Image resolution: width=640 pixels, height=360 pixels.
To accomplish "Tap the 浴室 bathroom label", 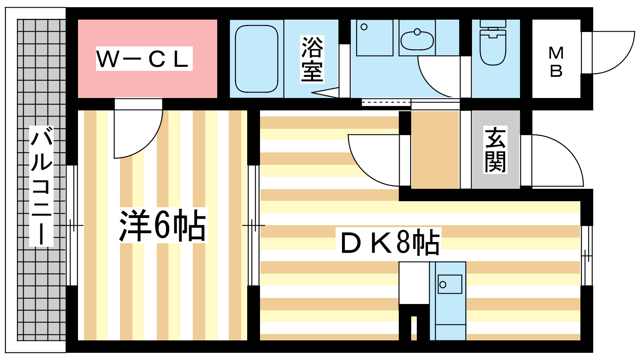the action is click(312, 59).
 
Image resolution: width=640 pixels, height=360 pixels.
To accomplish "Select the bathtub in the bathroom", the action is click(256, 59).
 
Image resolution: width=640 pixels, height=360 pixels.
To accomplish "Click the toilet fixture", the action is click(493, 42).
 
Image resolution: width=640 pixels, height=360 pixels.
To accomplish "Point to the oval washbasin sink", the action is click(417, 40).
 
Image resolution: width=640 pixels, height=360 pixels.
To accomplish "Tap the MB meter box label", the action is click(556, 62).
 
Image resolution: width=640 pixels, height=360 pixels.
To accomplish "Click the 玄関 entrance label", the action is click(495, 150).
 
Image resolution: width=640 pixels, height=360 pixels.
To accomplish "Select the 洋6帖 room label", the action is click(162, 226).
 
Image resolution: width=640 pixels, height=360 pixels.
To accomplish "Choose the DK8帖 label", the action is click(390, 242).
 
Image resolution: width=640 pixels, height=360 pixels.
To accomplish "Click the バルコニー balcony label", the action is click(42, 186).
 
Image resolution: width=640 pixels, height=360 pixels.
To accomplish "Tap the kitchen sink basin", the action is click(450, 284).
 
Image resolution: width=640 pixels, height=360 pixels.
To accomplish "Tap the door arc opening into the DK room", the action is click(362, 168).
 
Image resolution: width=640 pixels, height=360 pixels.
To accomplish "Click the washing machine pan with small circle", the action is click(374, 38).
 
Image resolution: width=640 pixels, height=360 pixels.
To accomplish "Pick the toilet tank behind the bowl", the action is click(493, 24).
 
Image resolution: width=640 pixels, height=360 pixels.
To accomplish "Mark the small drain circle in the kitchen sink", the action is click(443, 284).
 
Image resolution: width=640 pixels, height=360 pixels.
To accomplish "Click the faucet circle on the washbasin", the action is click(417, 32).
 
